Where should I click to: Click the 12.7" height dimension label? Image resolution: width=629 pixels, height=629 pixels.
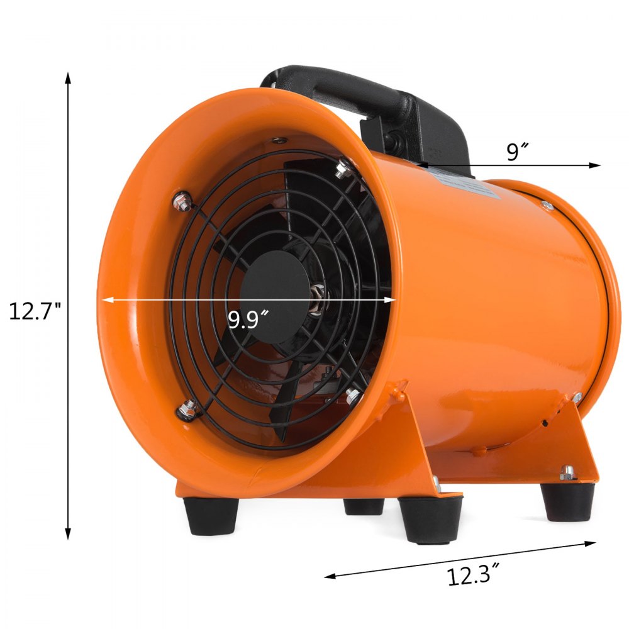(35, 311)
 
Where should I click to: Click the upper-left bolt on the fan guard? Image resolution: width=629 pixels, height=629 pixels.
(182, 202)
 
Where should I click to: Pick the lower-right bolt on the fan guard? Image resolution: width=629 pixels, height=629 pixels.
(352, 396)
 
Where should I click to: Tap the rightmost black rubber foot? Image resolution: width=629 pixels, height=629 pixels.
(566, 500)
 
